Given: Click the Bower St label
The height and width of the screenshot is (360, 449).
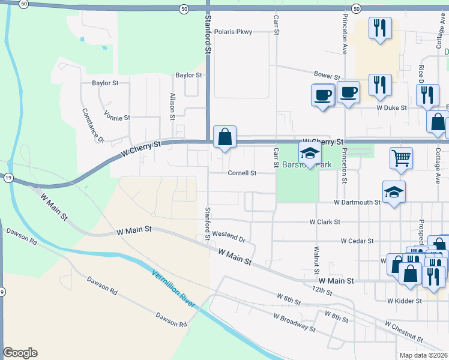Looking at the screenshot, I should pyautogui.click(x=327, y=77).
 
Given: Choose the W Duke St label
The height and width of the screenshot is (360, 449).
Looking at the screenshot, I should pyautogui.click(x=391, y=108).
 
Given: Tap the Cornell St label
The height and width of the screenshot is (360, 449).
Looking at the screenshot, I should pyautogui.click(x=242, y=173).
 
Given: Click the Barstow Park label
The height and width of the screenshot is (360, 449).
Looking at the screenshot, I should pyautogui.click(x=299, y=164).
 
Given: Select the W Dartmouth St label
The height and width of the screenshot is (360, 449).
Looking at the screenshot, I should pyautogui.click(x=357, y=203).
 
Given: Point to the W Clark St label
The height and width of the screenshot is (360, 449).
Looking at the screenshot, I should pyautogui.click(x=325, y=222).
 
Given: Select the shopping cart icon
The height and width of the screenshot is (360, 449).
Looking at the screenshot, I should pyautogui.click(x=401, y=158).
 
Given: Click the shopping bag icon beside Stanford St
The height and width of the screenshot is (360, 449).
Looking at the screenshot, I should pyautogui.click(x=224, y=137).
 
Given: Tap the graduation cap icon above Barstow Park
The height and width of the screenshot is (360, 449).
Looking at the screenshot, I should pyautogui.click(x=310, y=154).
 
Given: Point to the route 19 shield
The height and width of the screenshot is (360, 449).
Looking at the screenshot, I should pyautogui.click(x=8, y=178).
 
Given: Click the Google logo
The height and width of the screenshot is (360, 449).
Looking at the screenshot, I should pyautogui.click(x=20, y=353).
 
